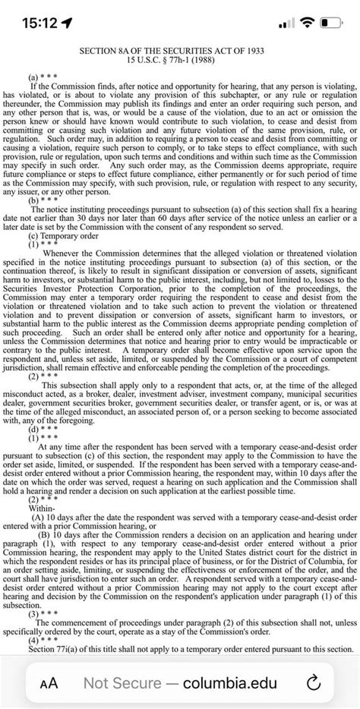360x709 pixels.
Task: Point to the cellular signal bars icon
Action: [286, 23]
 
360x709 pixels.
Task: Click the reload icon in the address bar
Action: [312, 682]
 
